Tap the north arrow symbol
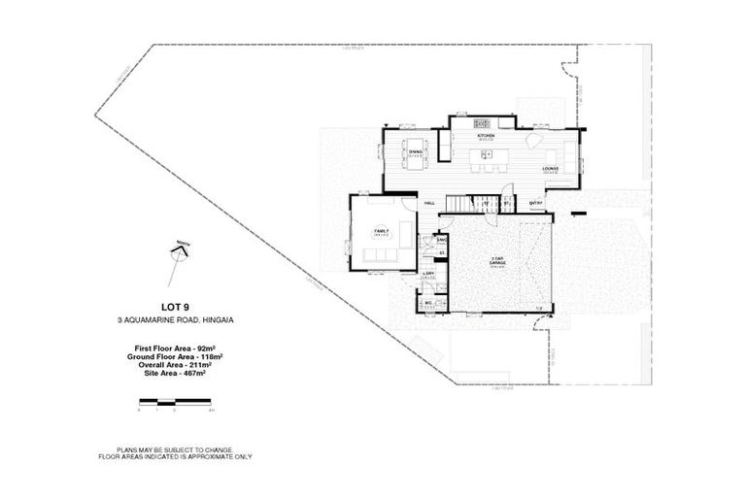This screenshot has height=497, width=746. coord(178,252)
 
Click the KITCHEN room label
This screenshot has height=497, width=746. coord(487,136)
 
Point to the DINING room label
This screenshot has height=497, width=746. coord(415,152)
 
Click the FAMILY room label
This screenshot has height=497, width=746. coord(381,230)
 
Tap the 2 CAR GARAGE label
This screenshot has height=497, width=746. coord(498,260)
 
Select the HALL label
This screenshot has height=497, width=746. coord(429,203)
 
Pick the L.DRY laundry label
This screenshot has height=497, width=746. coord(427,274)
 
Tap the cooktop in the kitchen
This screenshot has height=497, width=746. coord(482,123)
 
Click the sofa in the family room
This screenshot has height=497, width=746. coord(378,255)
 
